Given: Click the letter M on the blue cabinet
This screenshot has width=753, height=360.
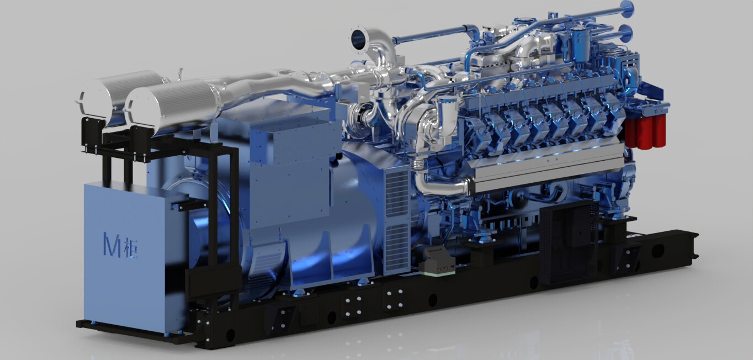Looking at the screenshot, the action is pos(112,245).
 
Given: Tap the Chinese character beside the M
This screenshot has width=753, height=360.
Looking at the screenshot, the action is pos(130,248).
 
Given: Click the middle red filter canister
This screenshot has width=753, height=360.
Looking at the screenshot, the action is pos(645,132).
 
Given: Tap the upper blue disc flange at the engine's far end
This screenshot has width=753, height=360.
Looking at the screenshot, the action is pos(627,9).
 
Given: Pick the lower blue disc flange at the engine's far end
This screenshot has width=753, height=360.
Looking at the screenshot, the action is pos(626,33).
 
